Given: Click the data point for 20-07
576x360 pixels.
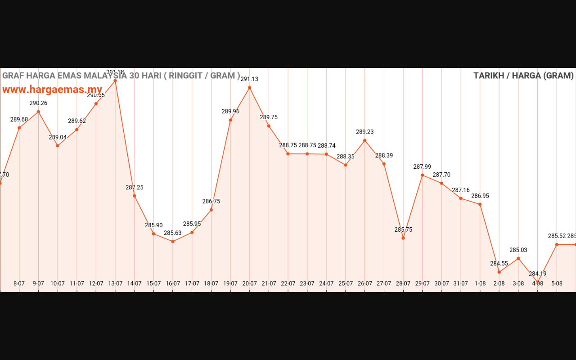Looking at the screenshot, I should click(x=250, y=88).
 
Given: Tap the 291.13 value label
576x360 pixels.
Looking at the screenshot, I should click(x=249, y=79).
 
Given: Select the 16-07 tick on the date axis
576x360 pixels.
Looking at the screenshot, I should click(x=173, y=283).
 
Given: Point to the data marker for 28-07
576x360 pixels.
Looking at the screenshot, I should click(x=403, y=238).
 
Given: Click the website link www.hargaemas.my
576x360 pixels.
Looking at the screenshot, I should click(x=52, y=90).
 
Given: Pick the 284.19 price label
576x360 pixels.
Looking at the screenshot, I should click(x=537, y=274).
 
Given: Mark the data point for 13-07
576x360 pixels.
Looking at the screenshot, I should click(x=115, y=81).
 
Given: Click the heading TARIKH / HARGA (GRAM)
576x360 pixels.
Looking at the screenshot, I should click(x=523, y=76).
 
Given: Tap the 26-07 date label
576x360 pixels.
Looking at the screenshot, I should click(x=365, y=283).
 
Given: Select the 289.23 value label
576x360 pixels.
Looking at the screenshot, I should click(x=364, y=132).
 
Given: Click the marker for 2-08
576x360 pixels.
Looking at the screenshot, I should click(x=499, y=272).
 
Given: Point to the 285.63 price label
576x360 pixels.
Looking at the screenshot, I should click(x=173, y=233).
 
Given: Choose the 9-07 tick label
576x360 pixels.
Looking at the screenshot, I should click(x=38, y=283).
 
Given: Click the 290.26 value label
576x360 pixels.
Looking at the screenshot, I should click(x=38, y=103).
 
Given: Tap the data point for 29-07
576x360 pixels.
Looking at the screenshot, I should click(x=423, y=175).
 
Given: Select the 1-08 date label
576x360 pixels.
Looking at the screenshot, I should click(x=480, y=283).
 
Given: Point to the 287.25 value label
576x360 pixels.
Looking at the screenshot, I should click(x=135, y=188).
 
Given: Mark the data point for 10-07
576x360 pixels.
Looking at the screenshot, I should click(x=58, y=146).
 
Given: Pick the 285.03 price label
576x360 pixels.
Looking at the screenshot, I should click(x=518, y=250).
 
